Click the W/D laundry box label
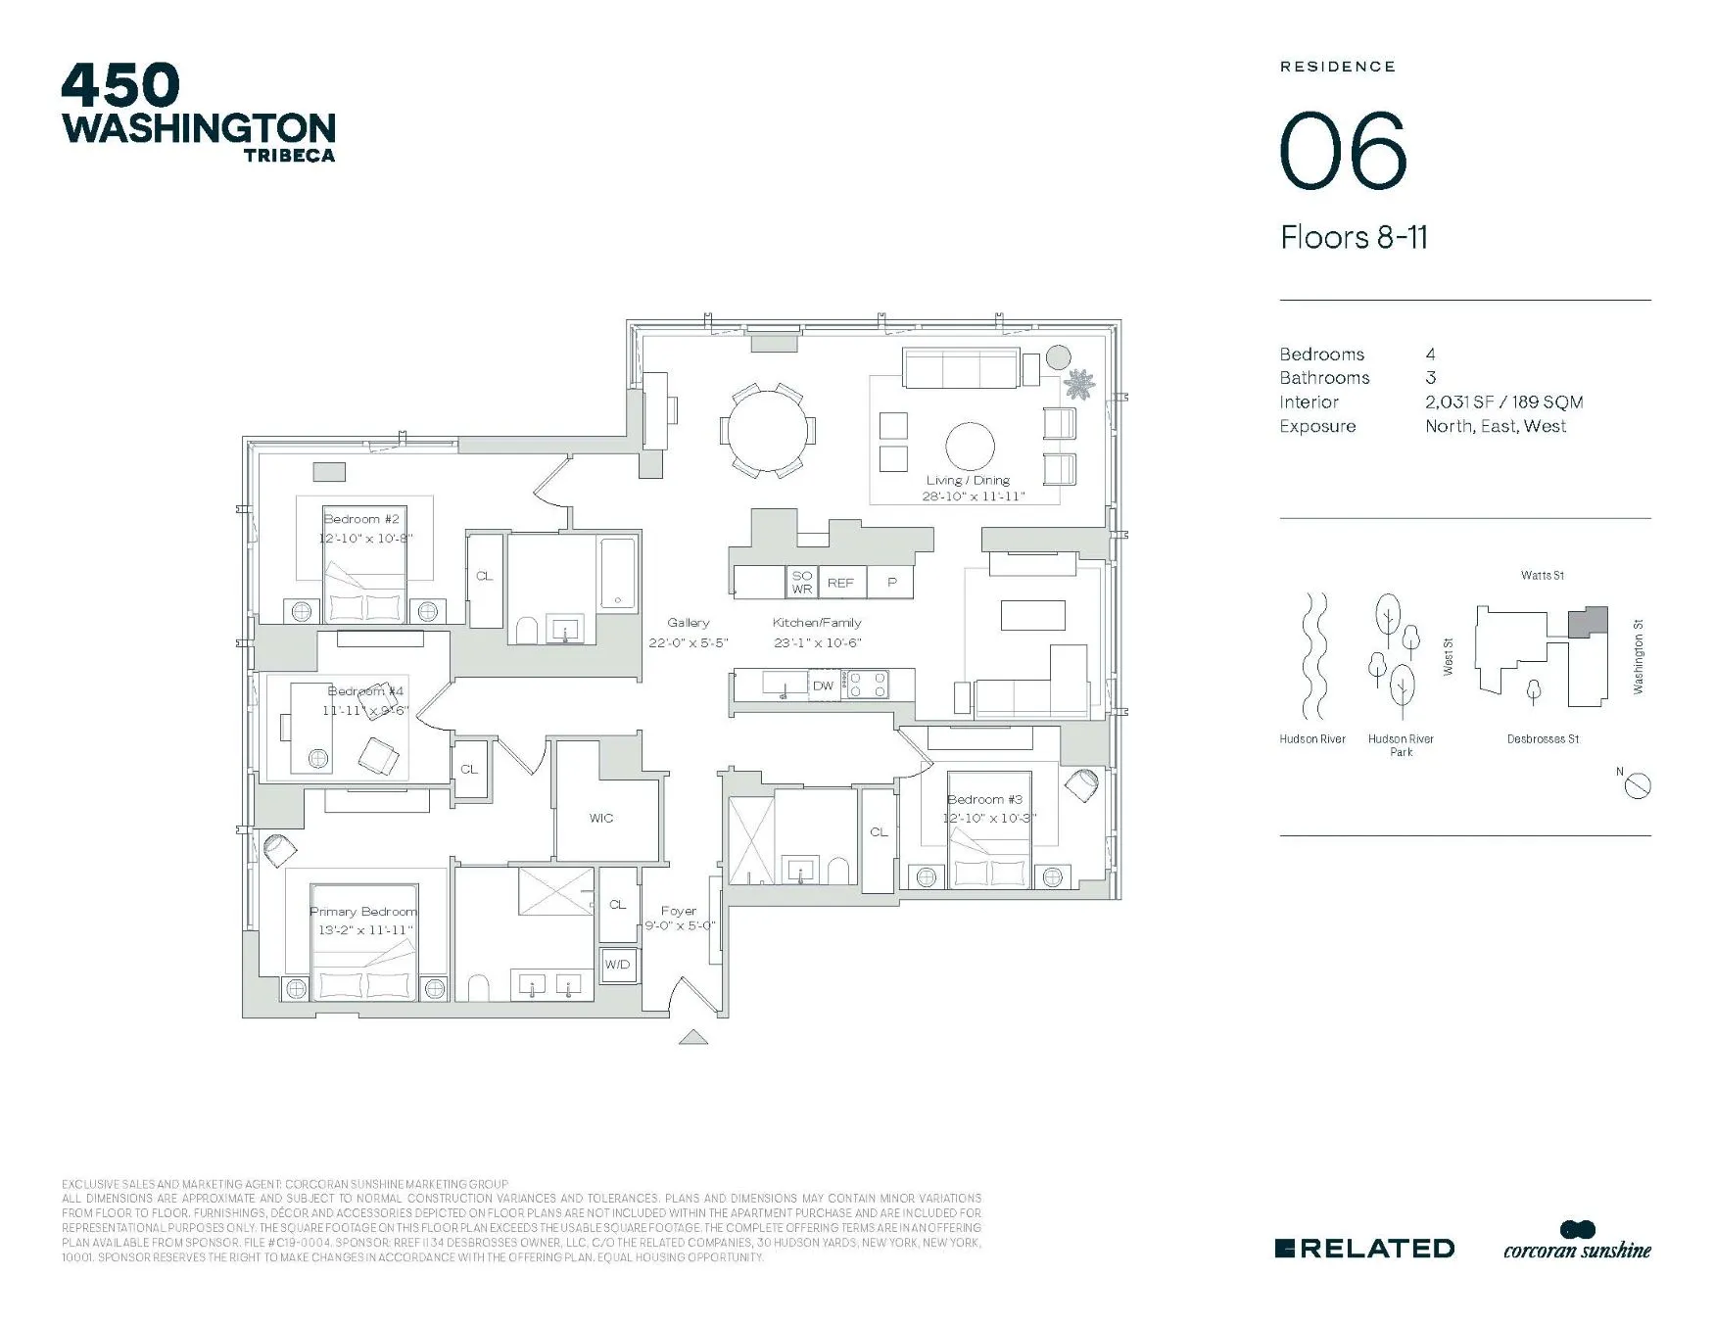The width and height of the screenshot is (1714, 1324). point(617,965)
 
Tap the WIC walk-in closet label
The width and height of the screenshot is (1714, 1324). point(601,819)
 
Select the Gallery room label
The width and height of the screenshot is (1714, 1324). point(689,623)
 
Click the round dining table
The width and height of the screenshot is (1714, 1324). point(768,430)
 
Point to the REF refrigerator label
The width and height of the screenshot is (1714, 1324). point(840,583)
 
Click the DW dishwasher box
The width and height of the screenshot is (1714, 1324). point(823,686)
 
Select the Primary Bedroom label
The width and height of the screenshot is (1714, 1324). point(363,912)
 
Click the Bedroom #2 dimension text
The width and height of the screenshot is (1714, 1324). point(365,539)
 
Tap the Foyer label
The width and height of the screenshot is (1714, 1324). point(679,911)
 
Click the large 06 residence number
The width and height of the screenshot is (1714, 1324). point(1344,152)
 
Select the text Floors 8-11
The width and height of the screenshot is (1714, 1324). point(1354,238)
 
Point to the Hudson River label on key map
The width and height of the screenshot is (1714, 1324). point(1312,739)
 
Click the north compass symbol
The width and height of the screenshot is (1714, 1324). point(1638,784)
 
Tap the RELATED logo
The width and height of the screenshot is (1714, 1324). point(1364,1249)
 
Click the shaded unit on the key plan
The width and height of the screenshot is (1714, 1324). point(1587,623)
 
